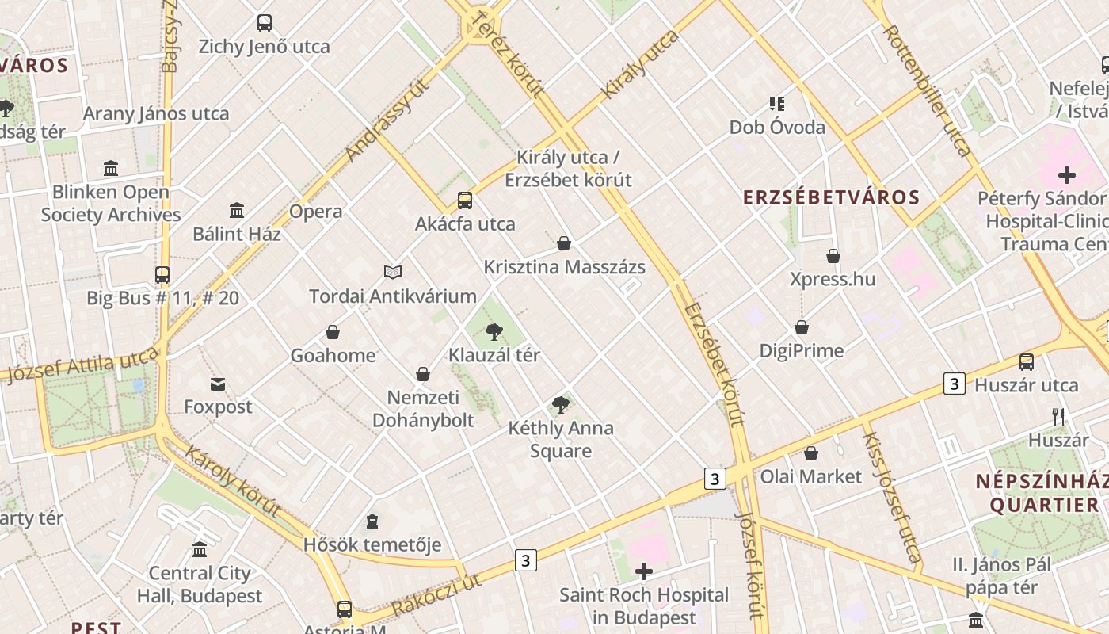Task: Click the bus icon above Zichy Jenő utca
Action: click(265, 23)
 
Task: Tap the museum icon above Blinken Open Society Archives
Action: click(111, 169)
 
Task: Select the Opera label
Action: click(315, 212)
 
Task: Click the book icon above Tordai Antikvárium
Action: click(393, 273)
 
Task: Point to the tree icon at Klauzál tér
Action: click(494, 331)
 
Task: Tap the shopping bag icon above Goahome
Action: click(333, 332)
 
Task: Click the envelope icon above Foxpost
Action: click(218, 384)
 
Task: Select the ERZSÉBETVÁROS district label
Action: click(831, 198)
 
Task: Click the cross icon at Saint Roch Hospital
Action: click(644, 571)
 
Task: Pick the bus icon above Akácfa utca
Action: click(465, 201)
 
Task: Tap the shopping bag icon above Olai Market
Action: click(811, 453)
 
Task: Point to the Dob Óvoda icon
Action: click(777, 104)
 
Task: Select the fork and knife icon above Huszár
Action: click(1058, 416)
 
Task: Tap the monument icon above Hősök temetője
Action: click(372, 521)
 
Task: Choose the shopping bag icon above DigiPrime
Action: click(802, 327)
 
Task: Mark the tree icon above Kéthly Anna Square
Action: click(561, 405)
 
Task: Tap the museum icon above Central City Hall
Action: click(200, 549)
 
